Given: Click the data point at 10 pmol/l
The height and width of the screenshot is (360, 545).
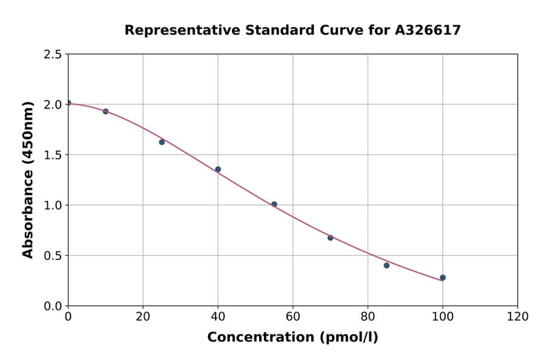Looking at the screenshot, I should click(x=105, y=112).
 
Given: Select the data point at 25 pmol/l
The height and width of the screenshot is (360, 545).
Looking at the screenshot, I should click(x=162, y=142).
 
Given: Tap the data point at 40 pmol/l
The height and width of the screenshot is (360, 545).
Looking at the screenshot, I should click(x=218, y=169).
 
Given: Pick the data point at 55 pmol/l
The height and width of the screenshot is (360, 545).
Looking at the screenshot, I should click(x=274, y=204).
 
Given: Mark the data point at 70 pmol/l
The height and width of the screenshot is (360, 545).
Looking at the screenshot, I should click(x=331, y=238).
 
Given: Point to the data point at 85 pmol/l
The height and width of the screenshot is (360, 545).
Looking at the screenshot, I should click(x=386, y=265).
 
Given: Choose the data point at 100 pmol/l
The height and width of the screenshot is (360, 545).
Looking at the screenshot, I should click(x=443, y=278).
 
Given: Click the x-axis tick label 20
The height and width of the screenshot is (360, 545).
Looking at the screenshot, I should click(x=143, y=316).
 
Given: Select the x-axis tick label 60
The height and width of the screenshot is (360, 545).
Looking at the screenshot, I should click(x=293, y=316).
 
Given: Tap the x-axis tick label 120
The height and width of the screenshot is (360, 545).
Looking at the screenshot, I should click(x=518, y=316).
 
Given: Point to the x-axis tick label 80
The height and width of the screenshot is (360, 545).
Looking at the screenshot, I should click(x=368, y=316).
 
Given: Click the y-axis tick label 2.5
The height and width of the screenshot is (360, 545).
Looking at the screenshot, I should click(x=53, y=55).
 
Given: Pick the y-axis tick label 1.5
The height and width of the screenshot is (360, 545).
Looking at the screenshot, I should click(x=53, y=155).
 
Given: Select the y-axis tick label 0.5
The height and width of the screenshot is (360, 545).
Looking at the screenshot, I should click(x=53, y=256).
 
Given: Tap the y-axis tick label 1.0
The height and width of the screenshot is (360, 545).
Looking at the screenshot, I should click(x=53, y=205).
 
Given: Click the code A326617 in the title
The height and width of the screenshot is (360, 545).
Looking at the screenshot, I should click(x=428, y=30).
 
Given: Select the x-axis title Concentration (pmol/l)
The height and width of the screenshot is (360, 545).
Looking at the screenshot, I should click(x=292, y=338).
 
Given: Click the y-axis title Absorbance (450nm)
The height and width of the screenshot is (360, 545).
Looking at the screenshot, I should click(x=28, y=179).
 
